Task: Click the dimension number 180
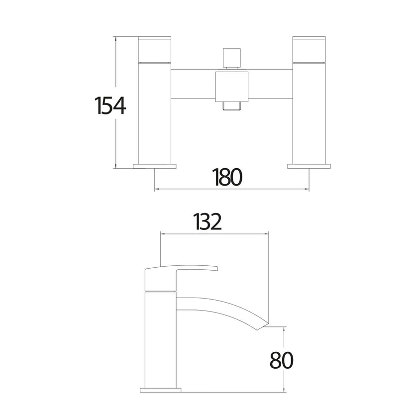(x=227, y=178)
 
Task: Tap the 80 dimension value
(x=282, y=361)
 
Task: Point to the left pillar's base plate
(x=155, y=165)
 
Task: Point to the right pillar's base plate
(x=310, y=165)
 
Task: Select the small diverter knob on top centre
(x=230, y=57)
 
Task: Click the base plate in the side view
(x=159, y=389)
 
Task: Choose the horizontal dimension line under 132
(x=214, y=233)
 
